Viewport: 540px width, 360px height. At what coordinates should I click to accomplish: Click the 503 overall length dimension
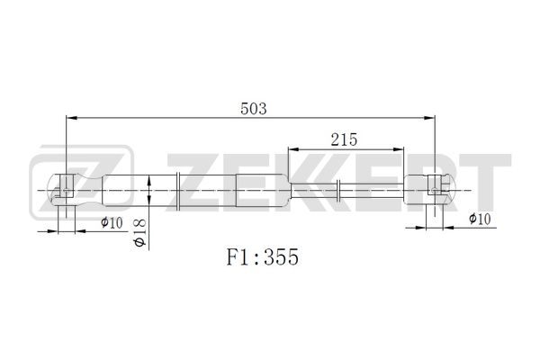254,109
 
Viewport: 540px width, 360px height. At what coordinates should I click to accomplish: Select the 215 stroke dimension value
344,139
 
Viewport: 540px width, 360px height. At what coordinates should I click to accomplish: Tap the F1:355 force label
263,257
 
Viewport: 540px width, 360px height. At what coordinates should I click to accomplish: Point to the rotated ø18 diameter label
140,233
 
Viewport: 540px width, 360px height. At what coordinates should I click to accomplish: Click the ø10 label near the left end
112,222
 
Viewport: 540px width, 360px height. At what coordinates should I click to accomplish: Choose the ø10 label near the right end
480,219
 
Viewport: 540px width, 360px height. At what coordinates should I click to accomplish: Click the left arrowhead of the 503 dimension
71,118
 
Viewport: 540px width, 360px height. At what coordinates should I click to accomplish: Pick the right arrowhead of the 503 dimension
429,118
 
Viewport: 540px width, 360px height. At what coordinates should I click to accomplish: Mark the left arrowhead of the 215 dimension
293,149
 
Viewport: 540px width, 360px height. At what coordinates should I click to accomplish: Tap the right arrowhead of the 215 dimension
398,149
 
